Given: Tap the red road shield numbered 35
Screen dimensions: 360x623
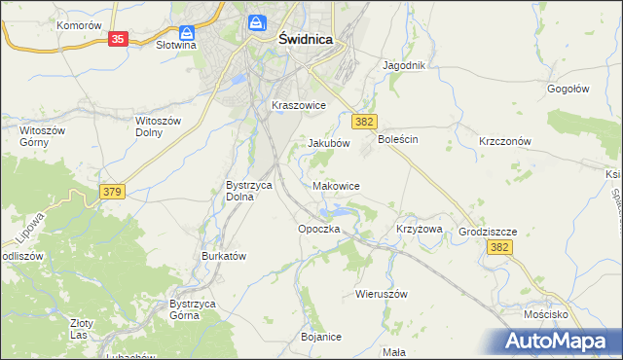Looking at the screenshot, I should (116, 39).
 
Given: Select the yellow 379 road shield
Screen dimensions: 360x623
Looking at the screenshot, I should (111, 194).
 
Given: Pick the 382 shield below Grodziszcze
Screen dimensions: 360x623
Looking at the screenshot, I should (499, 248).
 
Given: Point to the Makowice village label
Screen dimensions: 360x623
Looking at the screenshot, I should (337, 186).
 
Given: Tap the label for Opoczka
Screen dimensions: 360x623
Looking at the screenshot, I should (318, 229).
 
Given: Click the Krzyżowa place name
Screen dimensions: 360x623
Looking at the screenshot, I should (420, 229).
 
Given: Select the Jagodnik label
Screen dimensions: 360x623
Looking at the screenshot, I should (405, 66).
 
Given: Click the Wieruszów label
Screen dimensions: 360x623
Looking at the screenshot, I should (380, 293).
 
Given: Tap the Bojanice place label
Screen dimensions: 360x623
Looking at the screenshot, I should (321, 337).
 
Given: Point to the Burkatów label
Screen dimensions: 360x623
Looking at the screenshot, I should (224, 256).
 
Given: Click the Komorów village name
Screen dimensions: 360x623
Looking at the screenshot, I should (79, 25).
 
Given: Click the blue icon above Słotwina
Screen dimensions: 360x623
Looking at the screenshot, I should (184, 31).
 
